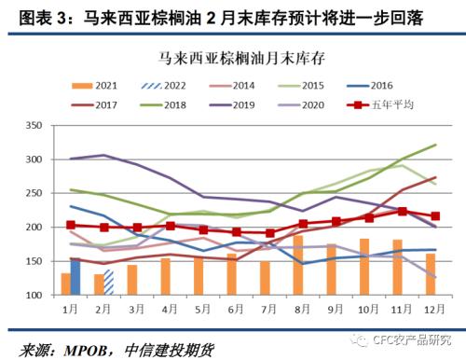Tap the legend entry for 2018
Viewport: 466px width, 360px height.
pyautogui.click(x=171, y=104)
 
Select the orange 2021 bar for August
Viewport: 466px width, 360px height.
pyautogui.click(x=298, y=265)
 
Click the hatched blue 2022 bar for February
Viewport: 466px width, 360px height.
pyautogui.click(x=108, y=283)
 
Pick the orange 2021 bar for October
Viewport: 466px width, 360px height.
pyautogui.click(x=364, y=267)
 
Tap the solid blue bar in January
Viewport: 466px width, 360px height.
pyautogui.click(x=75, y=277)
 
